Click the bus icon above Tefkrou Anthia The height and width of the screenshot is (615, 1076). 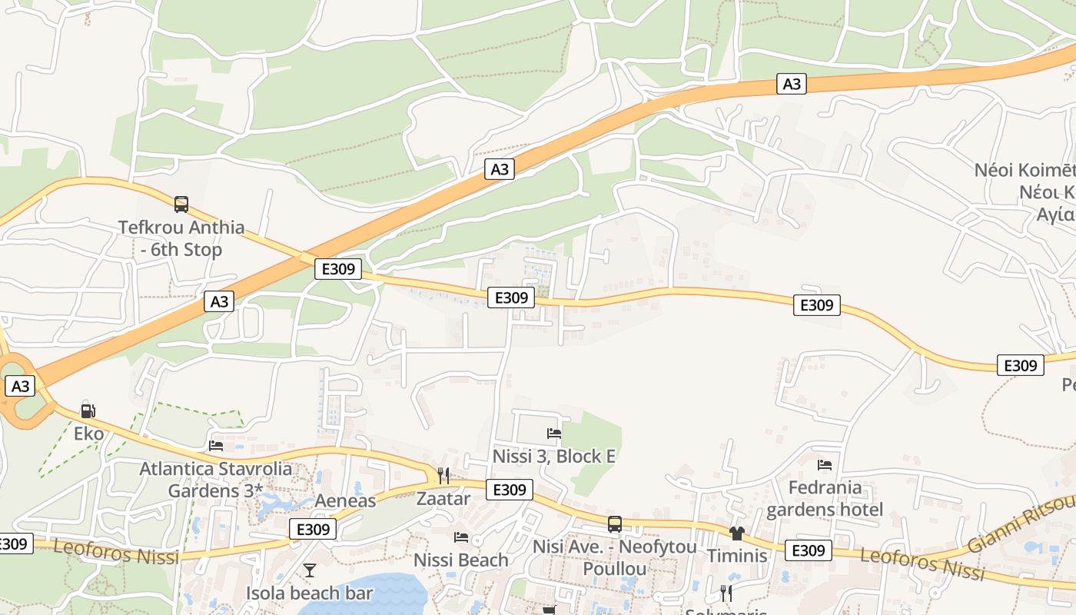coord(181,204)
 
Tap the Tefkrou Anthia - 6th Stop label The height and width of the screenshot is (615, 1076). coord(181,238)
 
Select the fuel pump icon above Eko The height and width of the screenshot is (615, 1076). coord(88,411)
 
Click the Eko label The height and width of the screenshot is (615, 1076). coord(88,434)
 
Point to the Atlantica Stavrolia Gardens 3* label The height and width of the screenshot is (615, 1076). coord(216,480)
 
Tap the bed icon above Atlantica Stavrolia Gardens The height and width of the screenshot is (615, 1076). coord(216,445)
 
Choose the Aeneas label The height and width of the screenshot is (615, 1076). coord(345,501)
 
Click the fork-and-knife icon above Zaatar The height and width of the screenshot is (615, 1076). coord(443,476)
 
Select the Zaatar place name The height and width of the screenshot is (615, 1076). coord(443,498)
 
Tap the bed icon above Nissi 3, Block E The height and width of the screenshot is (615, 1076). coord(553,434)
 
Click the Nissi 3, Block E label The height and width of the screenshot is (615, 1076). coord(553,457)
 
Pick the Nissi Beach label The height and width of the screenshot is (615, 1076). coord(461,560)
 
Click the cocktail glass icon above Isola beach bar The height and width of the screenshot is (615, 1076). coord(310,570)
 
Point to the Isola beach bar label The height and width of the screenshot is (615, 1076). coord(310,593)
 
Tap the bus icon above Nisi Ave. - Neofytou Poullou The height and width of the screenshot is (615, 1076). coord(615,524)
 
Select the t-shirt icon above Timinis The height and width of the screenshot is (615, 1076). coord(737,533)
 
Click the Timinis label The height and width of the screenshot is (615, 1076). coord(737,555)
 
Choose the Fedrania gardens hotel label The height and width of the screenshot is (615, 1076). coord(825,498)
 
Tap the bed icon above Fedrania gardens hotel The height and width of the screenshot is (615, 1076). coord(825,464)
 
